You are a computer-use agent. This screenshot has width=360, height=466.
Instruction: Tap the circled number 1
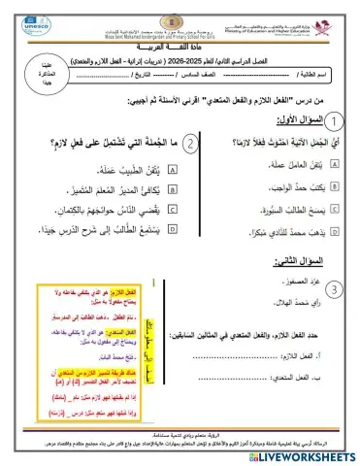click(x=332, y=120)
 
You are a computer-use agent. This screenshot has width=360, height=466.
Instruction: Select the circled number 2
click(x=192, y=144)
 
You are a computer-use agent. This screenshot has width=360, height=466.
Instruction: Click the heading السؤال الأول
click(x=292, y=121)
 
